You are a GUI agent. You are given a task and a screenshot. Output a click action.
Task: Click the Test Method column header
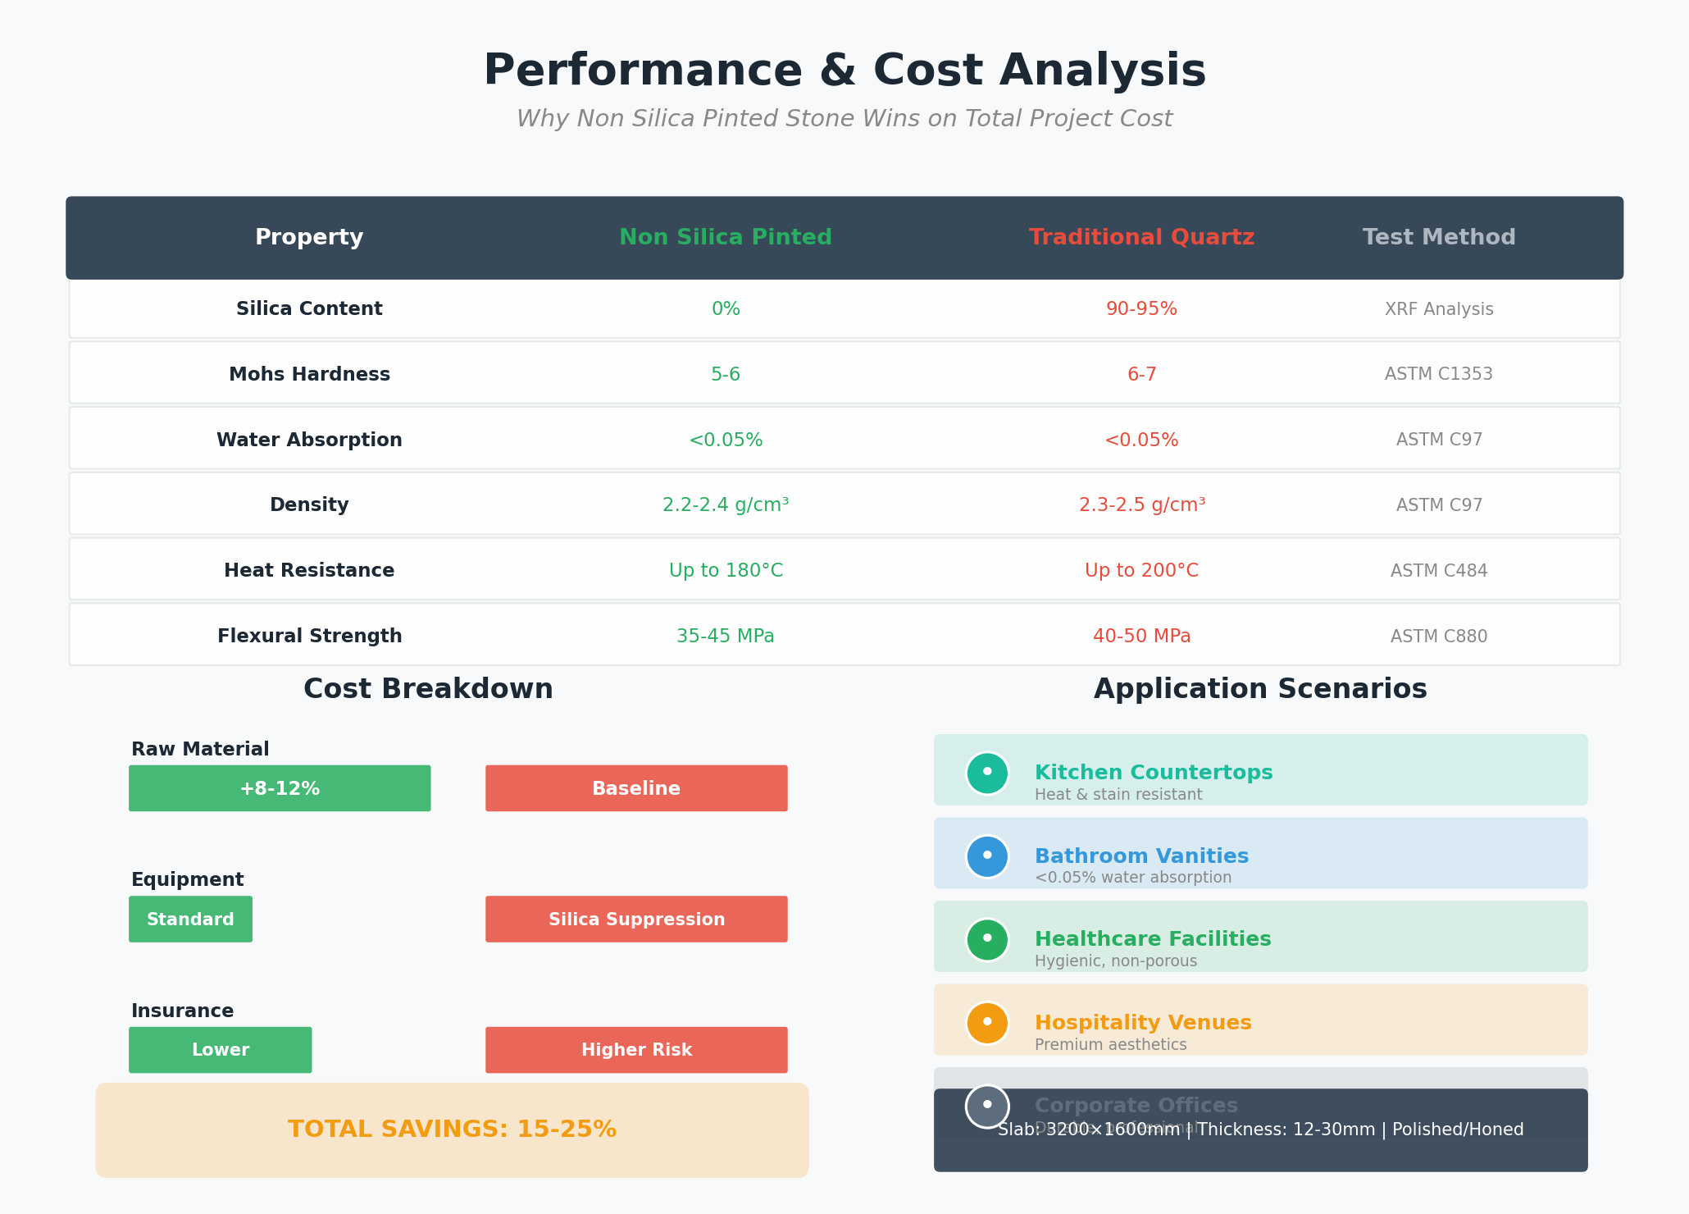point(1439,238)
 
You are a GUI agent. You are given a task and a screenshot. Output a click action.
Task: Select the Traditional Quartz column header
point(1141,238)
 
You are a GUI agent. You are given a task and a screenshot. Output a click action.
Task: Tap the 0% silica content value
point(726,309)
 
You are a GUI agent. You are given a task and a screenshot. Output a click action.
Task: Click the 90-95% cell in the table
point(1141,309)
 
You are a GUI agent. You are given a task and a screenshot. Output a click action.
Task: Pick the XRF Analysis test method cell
point(1439,309)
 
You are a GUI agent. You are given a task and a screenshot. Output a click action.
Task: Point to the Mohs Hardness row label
point(309,375)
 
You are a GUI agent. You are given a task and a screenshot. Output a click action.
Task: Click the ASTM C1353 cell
point(1439,375)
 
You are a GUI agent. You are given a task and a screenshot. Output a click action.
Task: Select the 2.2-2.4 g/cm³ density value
point(726,505)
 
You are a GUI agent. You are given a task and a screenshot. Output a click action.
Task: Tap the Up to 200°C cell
point(1141,571)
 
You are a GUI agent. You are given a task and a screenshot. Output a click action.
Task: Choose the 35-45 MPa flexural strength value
point(726,637)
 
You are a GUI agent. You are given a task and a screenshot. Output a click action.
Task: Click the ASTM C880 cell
point(1439,637)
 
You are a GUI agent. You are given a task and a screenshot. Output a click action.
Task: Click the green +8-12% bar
point(280,788)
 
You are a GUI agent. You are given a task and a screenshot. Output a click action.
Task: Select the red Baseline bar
point(636,788)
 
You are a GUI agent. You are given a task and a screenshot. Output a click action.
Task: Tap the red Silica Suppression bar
point(636,920)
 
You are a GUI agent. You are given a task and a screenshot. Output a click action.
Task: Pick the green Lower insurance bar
point(220,1050)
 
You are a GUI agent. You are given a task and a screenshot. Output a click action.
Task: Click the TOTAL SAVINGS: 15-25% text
point(452,1130)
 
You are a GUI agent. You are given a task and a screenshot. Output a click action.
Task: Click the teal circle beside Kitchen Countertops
point(987,773)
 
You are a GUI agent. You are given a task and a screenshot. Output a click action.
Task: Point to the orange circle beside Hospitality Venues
point(987,1023)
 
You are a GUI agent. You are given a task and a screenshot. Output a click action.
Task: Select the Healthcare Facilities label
point(1153,939)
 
